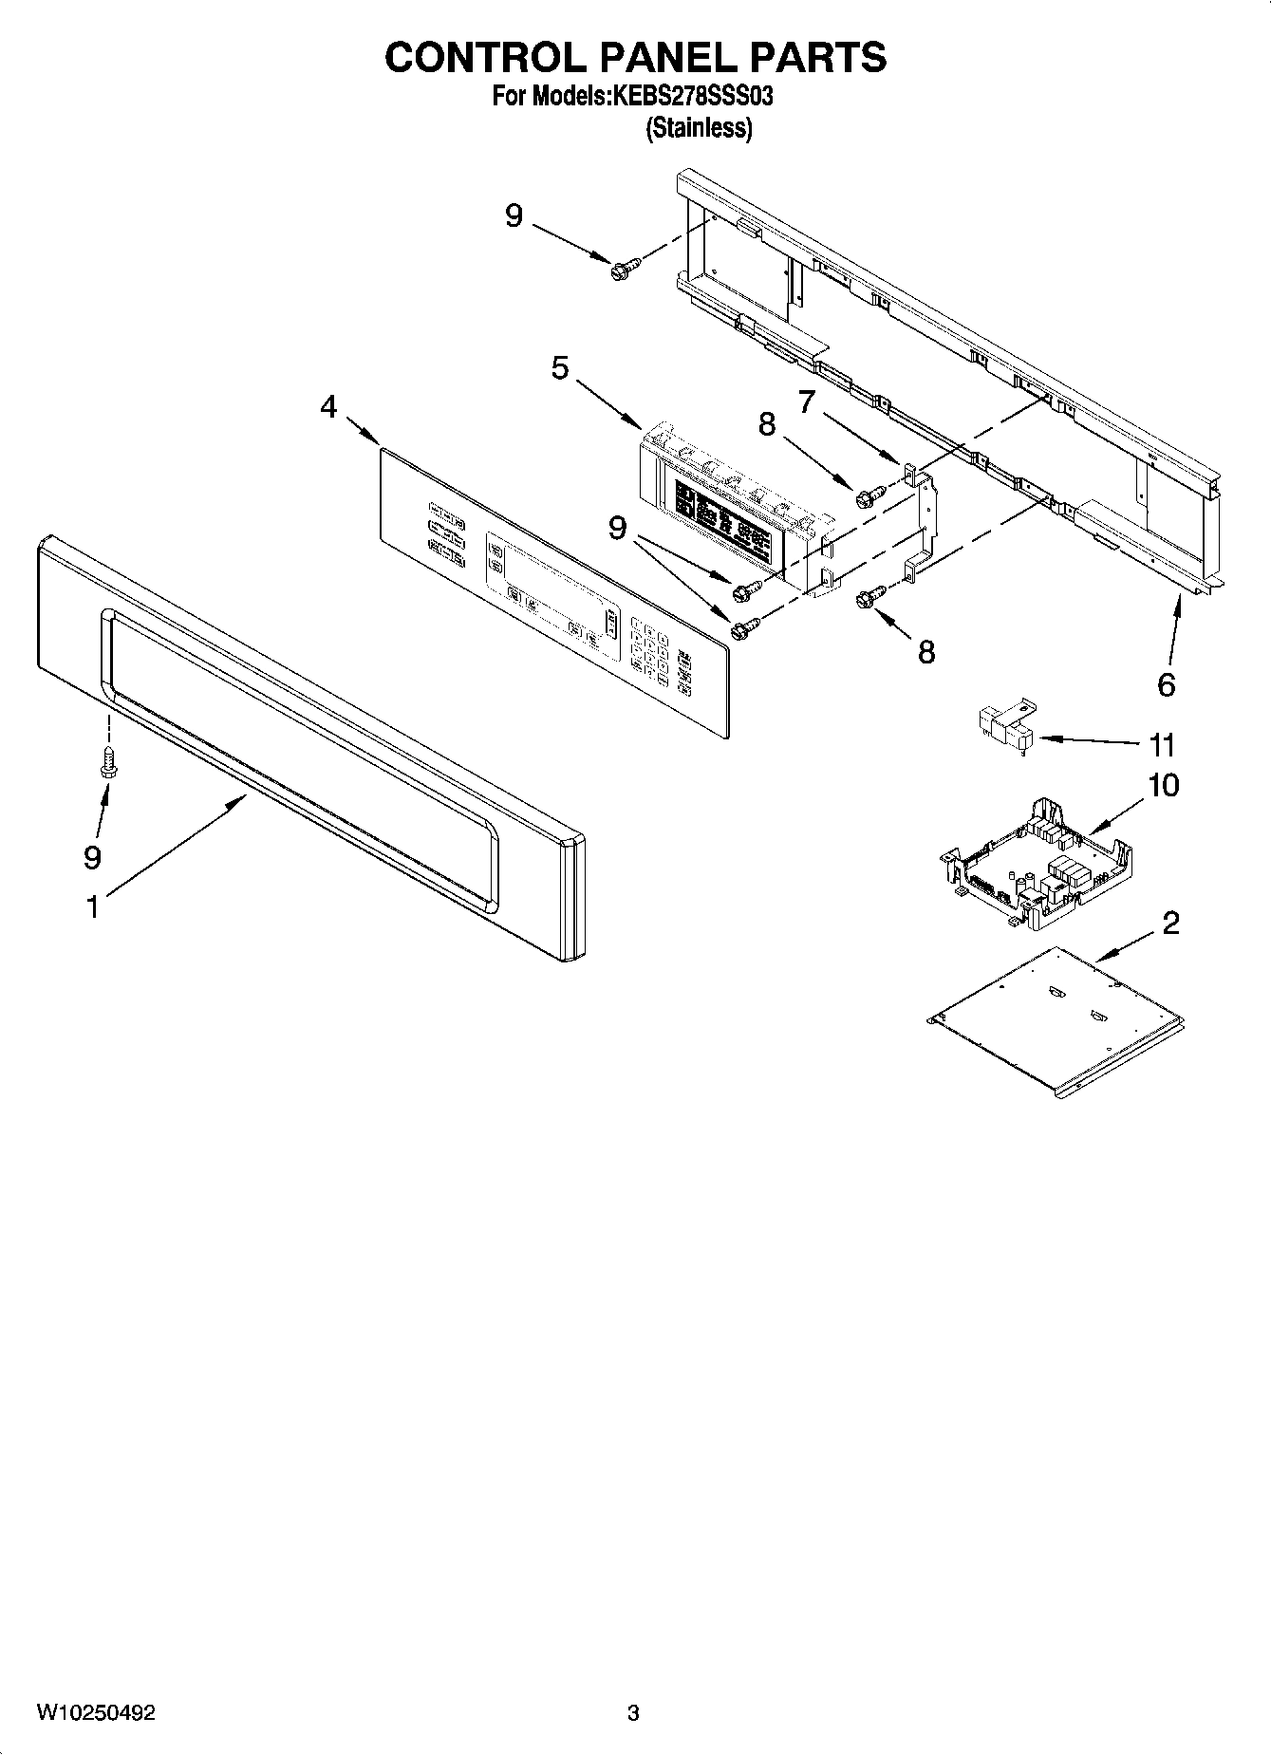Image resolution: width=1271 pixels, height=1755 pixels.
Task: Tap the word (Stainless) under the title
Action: coord(699,128)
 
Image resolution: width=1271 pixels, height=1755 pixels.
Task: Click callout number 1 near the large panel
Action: coord(92,907)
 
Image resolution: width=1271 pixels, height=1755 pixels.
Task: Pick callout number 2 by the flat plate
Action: coord(1170,922)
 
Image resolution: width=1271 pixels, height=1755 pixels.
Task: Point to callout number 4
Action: coord(328,407)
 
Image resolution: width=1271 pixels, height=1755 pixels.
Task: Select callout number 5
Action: coord(560,367)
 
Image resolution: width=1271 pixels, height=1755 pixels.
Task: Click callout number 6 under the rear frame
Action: coord(1167,684)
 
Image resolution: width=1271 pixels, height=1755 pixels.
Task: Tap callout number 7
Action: coord(806,402)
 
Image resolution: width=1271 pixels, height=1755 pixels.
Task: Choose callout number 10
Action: coord(1163,785)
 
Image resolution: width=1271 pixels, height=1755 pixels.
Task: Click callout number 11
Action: coord(1162,744)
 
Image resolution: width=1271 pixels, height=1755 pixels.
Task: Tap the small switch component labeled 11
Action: coord(1003,726)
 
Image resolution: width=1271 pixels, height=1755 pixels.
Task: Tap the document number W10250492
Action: coord(96,1712)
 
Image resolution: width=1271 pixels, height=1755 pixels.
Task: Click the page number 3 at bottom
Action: coord(633,1713)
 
